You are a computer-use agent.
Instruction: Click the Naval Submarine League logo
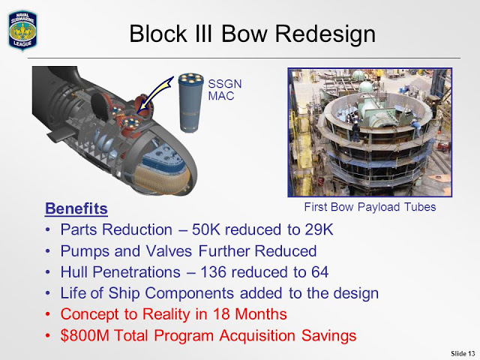[22, 30]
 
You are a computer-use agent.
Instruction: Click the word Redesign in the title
[325, 34]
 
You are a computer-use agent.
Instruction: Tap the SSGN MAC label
[225, 90]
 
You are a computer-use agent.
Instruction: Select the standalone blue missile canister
[190, 103]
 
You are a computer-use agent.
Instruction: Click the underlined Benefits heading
[76, 208]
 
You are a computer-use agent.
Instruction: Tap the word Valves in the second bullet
[169, 251]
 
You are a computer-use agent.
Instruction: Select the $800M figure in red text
[85, 335]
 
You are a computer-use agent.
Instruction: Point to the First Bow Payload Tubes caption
[370, 207]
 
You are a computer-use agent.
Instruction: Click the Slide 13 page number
[463, 353]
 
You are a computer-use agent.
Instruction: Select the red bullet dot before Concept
[47, 314]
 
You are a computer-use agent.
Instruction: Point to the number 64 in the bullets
[320, 272]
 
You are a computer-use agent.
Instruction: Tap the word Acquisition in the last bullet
[257, 335]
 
